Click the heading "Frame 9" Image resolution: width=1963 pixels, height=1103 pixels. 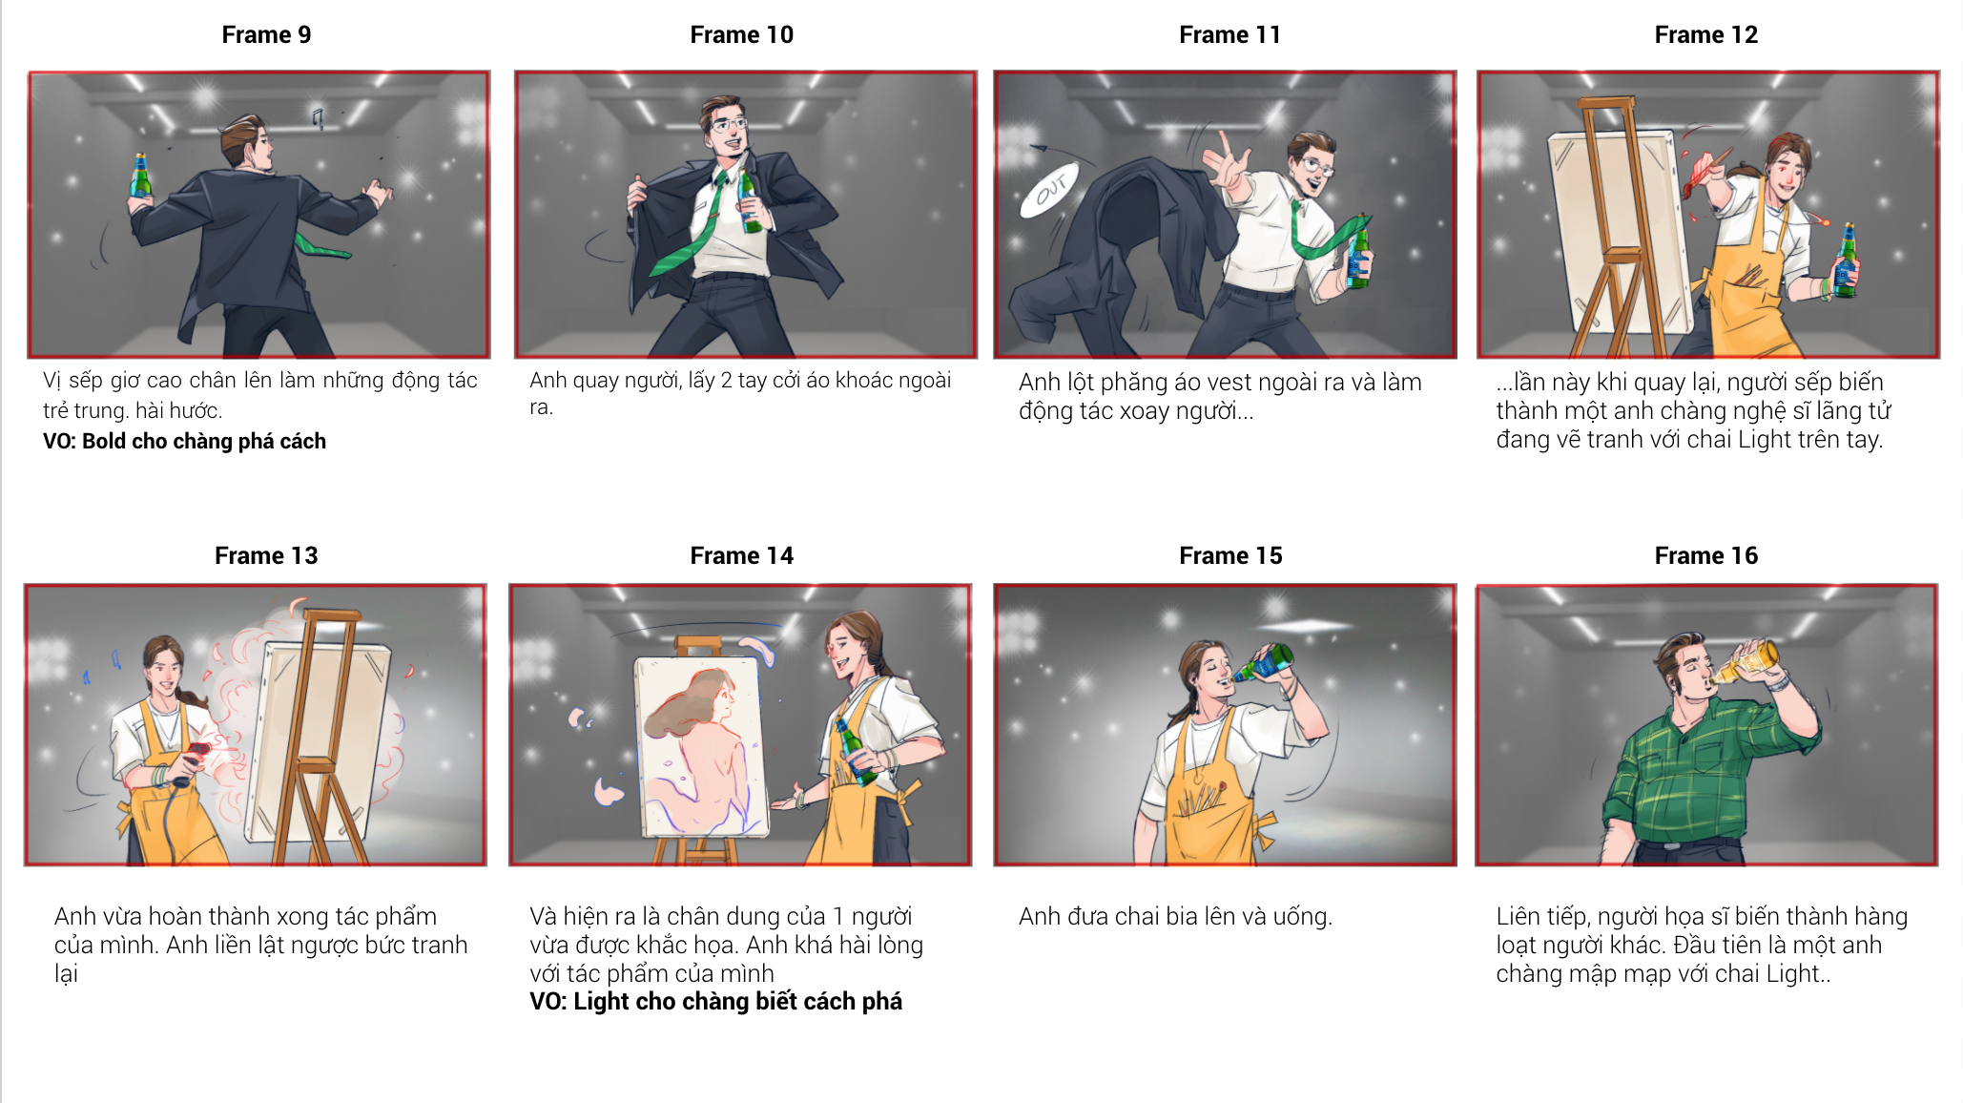[x=266, y=35]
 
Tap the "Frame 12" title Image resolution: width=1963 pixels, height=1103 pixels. [x=1705, y=35]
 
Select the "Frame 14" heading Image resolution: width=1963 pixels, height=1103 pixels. [x=741, y=555]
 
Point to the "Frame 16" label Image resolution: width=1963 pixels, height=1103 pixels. [x=1705, y=555]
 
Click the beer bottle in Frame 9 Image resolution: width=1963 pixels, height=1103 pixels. [x=140, y=177]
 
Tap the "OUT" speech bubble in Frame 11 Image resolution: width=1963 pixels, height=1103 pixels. [x=1049, y=189]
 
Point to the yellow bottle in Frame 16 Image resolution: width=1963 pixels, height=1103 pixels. [x=1746, y=661]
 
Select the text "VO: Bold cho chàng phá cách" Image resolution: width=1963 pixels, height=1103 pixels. [x=184, y=441]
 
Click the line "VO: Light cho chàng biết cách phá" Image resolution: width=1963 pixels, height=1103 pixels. [x=715, y=1001]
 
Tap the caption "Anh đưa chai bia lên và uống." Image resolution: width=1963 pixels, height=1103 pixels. [x=1175, y=916]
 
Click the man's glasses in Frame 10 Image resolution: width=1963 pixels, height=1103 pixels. [x=729, y=124]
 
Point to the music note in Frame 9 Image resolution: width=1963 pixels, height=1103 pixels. [x=319, y=118]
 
